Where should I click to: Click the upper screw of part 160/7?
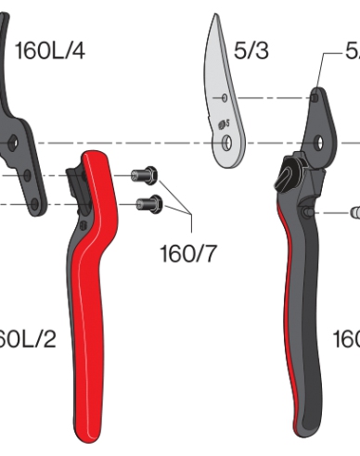[143, 173]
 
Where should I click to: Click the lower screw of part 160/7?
[147, 203]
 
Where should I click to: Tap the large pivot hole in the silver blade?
[225, 144]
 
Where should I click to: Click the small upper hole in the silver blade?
[224, 96]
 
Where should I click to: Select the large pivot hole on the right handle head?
[319, 143]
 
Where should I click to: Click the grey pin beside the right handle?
[353, 212]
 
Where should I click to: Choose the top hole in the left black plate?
[13, 144]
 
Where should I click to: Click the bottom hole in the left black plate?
[35, 204]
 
